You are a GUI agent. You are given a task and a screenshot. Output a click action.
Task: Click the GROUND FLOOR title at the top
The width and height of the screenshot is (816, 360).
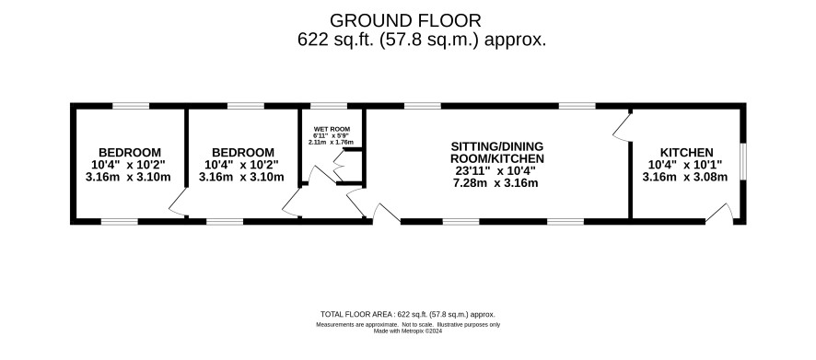click(405, 20)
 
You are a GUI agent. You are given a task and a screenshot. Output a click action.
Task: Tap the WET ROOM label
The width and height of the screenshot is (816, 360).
click(332, 129)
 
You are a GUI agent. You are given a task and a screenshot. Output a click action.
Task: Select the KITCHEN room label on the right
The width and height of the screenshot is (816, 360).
click(686, 153)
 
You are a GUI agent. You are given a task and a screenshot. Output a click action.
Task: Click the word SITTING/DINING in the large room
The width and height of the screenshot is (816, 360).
click(497, 145)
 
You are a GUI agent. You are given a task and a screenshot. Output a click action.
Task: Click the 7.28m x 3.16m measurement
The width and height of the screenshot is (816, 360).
click(495, 182)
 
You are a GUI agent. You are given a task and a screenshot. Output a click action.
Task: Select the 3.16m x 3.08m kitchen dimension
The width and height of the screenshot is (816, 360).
click(685, 177)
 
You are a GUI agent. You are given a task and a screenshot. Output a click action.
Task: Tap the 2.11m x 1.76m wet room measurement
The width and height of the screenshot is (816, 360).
click(331, 142)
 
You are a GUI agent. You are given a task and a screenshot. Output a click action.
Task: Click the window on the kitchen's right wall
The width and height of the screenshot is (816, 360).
click(743, 162)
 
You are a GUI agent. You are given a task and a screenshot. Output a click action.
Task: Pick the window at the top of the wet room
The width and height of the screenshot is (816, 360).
click(329, 106)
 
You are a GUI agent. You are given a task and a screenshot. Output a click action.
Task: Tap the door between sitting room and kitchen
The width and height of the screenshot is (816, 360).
click(622, 127)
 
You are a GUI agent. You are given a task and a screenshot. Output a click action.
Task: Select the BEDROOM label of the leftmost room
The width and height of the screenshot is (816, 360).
click(130, 153)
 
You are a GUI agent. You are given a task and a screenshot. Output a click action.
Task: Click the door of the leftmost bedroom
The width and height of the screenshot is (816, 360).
click(178, 203)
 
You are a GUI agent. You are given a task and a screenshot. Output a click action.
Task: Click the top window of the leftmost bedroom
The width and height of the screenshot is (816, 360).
click(131, 106)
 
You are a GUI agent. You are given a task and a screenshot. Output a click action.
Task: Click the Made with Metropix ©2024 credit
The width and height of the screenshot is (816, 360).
click(408, 331)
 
